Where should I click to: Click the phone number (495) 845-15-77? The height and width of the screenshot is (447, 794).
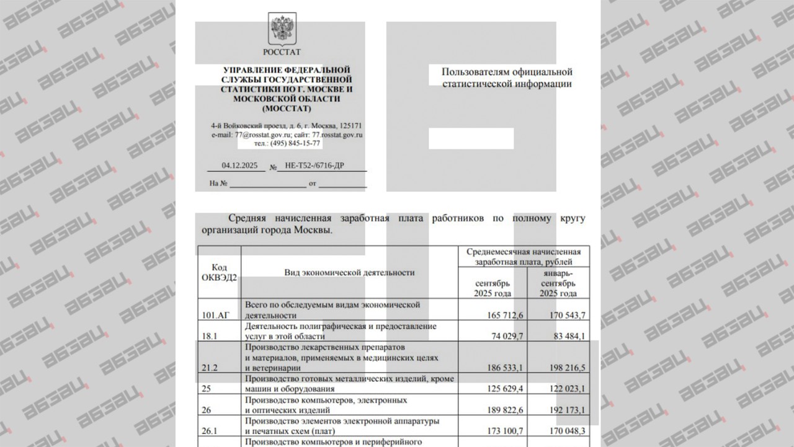tap(295, 143)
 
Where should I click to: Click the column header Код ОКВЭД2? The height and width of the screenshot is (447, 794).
tap(219, 272)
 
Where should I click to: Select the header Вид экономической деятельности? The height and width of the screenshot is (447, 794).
tap(349, 272)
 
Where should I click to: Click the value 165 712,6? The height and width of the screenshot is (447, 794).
tap(503, 316)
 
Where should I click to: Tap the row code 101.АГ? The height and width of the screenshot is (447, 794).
tap(215, 316)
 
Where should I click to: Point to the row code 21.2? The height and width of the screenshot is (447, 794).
tap(210, 368)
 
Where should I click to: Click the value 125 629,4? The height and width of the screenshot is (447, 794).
tap(503, 389)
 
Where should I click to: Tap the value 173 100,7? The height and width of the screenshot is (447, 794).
tap(503, 431)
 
